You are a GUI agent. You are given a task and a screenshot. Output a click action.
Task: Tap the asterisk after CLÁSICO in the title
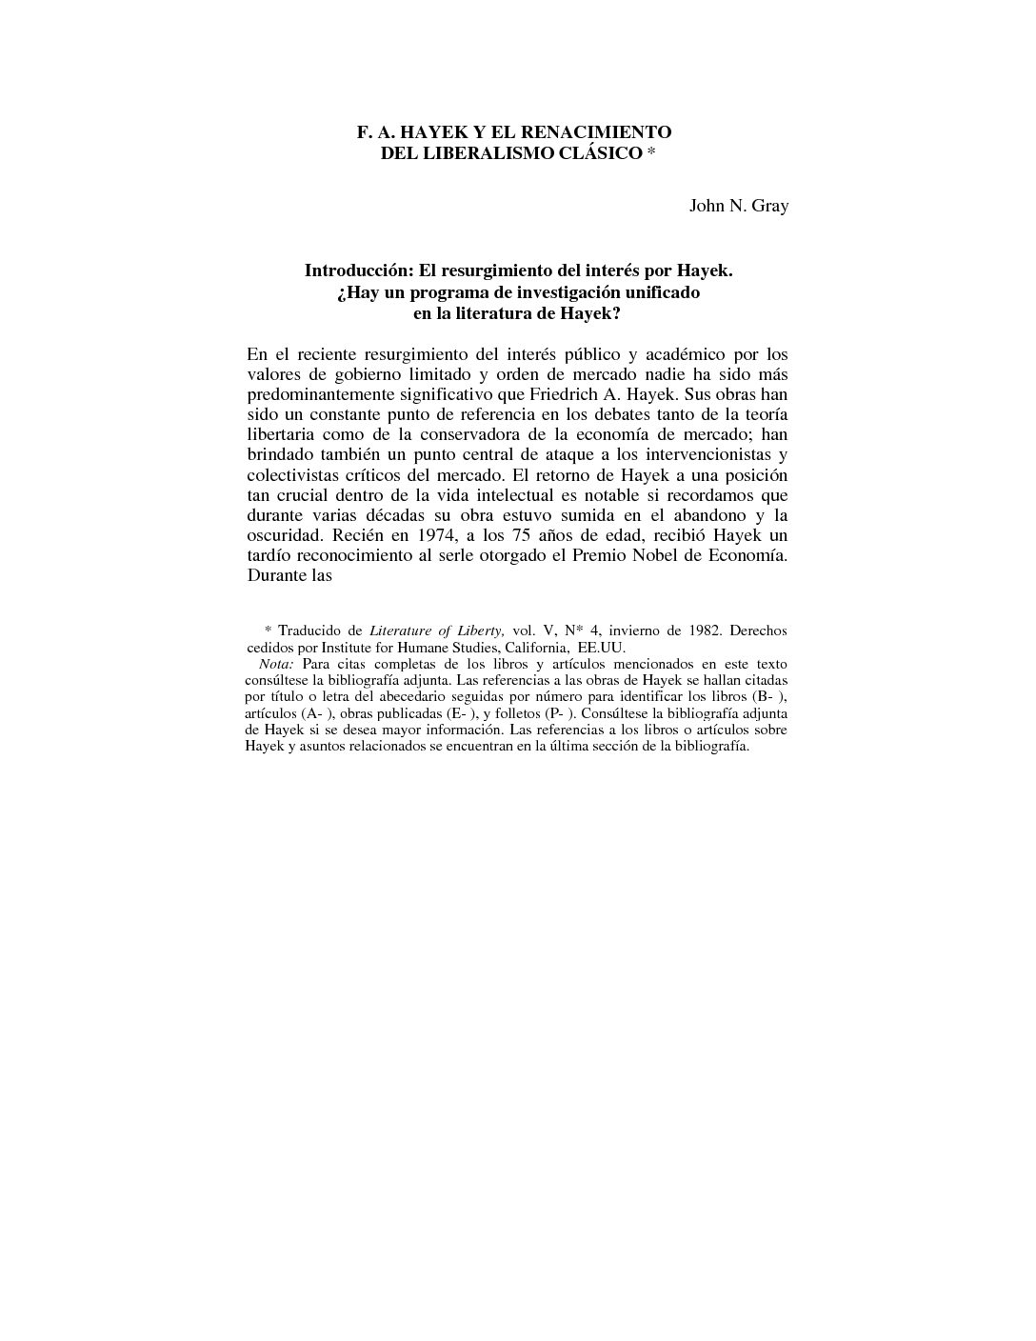tap(651, 153)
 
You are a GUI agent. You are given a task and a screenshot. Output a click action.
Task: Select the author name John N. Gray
tap(739, 206)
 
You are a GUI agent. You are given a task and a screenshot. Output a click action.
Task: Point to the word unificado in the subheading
tap(655, 292)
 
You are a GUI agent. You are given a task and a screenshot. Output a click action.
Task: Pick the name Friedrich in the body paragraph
tap(580, 394)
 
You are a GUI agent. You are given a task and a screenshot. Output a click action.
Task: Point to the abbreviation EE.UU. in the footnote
tap(602, 647)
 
